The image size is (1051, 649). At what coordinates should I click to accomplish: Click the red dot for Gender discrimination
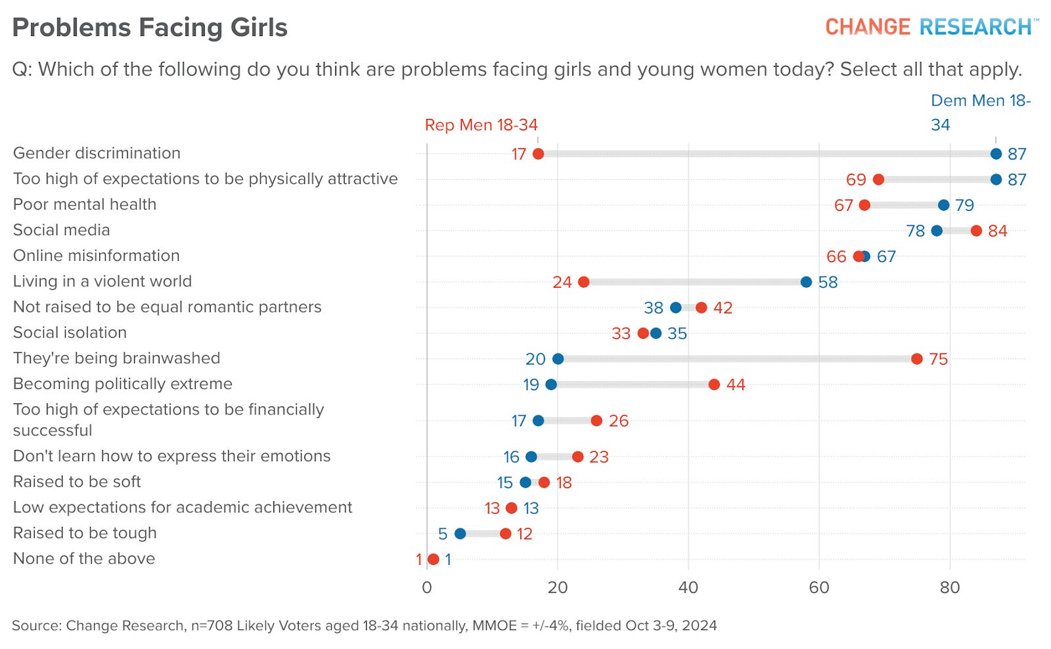[x=538, y=154]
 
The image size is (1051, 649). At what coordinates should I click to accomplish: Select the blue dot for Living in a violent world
[x=806, y=282]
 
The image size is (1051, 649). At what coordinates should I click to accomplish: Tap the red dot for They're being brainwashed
[x=917, y=359]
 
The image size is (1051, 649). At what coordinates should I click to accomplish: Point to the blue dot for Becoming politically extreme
[x=551, y=384]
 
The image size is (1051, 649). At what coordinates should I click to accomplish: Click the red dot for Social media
[x=976, y=231]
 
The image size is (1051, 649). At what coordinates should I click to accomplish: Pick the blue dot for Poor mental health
[x=944, y=205]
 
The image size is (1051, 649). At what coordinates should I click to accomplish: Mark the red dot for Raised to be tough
[x=505, y=533]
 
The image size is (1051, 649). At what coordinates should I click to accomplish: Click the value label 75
[x=939, y=359]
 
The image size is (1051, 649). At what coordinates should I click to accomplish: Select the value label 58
[x=828, y=282]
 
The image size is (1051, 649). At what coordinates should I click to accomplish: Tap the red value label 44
[x=736, y=385]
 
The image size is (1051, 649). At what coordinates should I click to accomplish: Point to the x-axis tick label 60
[x=819, y=587]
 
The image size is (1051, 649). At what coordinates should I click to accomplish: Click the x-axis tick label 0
[x=427, y=587]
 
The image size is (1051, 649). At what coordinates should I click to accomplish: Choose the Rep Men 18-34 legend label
[x=481, y=125]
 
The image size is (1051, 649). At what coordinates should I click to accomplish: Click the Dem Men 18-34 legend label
[x=980, y=112]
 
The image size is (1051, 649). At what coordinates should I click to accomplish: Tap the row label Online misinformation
[x=97, y=256]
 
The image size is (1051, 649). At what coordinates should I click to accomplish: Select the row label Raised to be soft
[x=77, y=481]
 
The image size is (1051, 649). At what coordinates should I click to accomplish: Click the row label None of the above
[x=84, y=558]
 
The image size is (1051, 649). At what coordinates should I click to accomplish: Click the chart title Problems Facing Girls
[x=150, y=28]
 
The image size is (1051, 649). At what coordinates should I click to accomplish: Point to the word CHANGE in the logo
[x=868, y=27]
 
